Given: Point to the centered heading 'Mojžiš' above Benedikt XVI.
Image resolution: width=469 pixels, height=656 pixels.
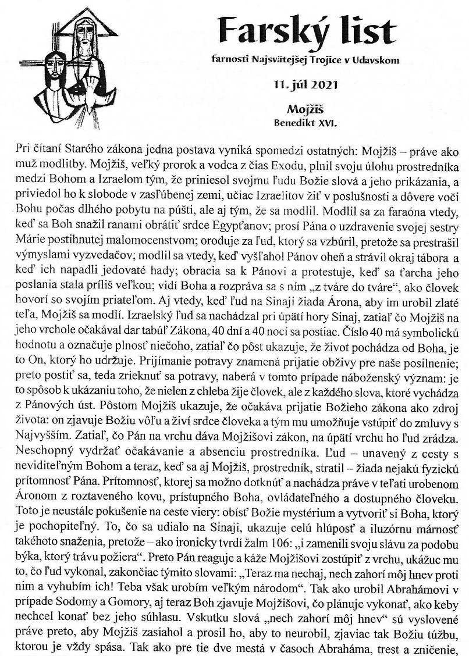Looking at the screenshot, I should [304, 109].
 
